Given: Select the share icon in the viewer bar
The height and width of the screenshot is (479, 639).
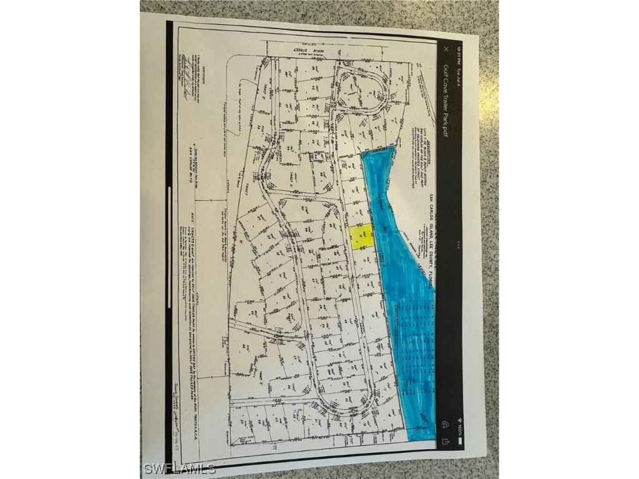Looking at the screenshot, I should pos(446,440).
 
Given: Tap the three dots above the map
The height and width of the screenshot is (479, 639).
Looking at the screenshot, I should pos(460,244).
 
